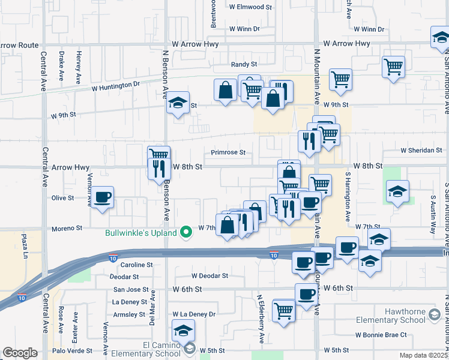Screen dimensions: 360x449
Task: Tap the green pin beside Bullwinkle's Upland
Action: [x=188, y=233]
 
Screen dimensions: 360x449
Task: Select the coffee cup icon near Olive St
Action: [x=102, y=197]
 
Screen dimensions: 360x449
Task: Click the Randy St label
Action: [x=244, y=64]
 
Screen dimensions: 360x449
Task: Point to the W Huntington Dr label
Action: [x=115, y=87]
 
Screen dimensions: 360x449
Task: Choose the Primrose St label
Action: [x=228, y=152]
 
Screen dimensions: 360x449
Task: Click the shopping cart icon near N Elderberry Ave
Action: [x=283, y=310]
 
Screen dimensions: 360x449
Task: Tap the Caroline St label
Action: [x=137, y=265]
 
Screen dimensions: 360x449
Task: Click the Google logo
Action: [x=20, y=353]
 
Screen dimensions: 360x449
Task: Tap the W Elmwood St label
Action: [x=250, y=7]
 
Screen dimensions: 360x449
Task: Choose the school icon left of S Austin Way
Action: [x=397, y=192]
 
